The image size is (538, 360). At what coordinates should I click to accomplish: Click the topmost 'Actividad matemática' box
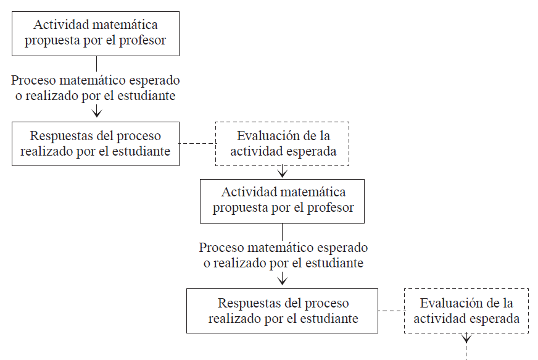tap(96, 33)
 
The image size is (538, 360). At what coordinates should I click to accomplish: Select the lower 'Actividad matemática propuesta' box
tap(282, 201)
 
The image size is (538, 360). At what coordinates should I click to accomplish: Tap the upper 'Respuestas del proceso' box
tap(96, 144)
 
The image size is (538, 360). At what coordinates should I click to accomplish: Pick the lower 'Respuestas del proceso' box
tap(283, 311)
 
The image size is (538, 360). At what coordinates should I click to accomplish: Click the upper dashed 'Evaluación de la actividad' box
tap(283, 144)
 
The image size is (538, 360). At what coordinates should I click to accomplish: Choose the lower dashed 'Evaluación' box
tap(466, 311)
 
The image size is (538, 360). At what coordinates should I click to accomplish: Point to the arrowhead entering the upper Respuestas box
tap(96, 113)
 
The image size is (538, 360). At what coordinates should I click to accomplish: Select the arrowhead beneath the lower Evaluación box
tap(466, 338)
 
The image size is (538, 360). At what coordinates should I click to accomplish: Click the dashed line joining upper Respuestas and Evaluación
tap(197, 144)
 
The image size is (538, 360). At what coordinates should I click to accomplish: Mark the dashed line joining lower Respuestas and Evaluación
tap(391, 311)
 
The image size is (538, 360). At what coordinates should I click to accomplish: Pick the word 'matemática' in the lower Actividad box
tap(314, 192)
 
